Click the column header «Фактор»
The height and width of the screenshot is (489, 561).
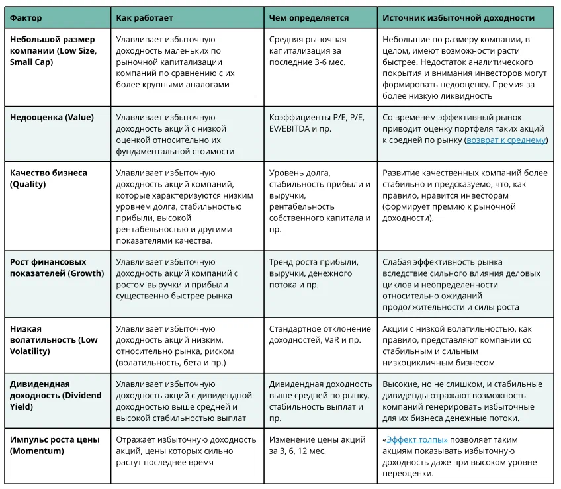tap(26, 18)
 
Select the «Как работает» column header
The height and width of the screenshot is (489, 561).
tap(144, 18)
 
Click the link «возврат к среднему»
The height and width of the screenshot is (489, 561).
tap(506, 140)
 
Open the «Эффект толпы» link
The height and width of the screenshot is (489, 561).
tap(417, 439)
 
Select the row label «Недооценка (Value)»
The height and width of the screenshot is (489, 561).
tap(52, 118)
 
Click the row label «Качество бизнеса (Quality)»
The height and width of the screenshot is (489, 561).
tap(48, 179)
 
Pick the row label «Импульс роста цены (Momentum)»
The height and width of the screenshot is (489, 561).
tap(53, 445)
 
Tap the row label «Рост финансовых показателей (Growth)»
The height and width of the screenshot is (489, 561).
tap(57, 267)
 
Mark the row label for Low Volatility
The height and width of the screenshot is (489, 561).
tap(54, 339)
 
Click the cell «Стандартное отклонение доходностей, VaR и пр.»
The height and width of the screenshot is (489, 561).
tap(320, 334)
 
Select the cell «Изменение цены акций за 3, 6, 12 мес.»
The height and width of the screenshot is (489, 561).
tap(317, 445)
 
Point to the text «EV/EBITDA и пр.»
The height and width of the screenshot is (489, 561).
tap(300, 129)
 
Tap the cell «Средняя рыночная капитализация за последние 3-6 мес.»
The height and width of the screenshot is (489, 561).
tap(308, 51)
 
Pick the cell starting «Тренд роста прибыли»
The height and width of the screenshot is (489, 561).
tap(314, 273)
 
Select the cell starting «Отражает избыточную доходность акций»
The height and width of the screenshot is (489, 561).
tap(186, 451)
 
